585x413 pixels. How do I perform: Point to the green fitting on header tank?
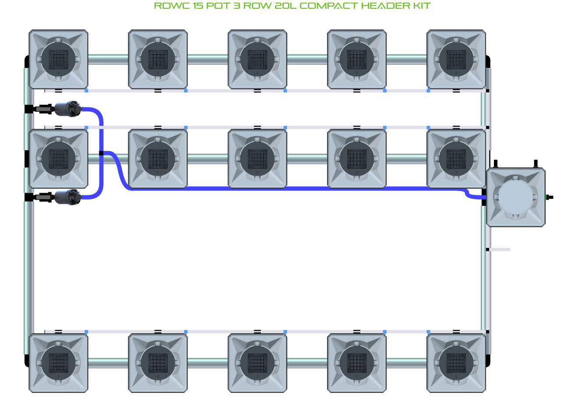coord(547,197)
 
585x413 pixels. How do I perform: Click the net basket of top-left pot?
coord(58,59)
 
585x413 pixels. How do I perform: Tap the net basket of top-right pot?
coord(456,59)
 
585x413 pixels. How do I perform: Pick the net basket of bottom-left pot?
coord(58,363)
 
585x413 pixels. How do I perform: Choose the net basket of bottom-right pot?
coord(456,363)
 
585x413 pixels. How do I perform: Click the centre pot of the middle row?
coord(257,159)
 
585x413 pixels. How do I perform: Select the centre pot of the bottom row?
coord(257,363)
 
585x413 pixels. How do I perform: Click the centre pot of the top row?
coord(257,59)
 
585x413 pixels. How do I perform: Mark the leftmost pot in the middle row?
coord(58,159)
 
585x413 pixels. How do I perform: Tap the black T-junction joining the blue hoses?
coord(101,153)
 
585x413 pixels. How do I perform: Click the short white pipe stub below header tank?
coord(499,250)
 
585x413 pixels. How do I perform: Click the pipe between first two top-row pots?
coord(108,59)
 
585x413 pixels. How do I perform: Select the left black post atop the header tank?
coord(496,164)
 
